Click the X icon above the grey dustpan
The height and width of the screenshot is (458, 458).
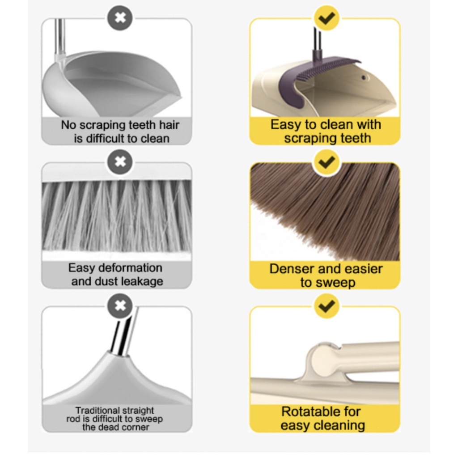(x=119, y=18)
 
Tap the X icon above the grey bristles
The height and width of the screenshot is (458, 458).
(x=119, y=161)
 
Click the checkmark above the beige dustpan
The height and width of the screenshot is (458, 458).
(x=327, y=18)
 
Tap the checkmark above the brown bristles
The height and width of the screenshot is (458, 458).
(x=327, y=161)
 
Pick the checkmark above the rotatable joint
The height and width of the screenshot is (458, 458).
(x=327, y=306)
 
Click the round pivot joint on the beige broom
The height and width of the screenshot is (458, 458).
(x=322, y=360)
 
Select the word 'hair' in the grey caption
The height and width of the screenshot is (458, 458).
(x=167, y=125)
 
